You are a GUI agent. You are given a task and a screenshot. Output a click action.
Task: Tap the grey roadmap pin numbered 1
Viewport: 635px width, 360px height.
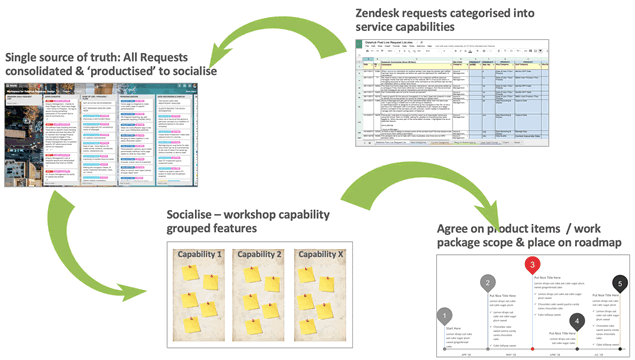pyautogui.click(x=445, y=316)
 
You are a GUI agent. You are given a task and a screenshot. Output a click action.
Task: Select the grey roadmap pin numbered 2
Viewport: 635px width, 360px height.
pyautogui.click(x=487, y=282)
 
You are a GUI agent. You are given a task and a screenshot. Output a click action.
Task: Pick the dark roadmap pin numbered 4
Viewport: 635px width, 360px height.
pyautogui.click(x=575, y=323)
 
